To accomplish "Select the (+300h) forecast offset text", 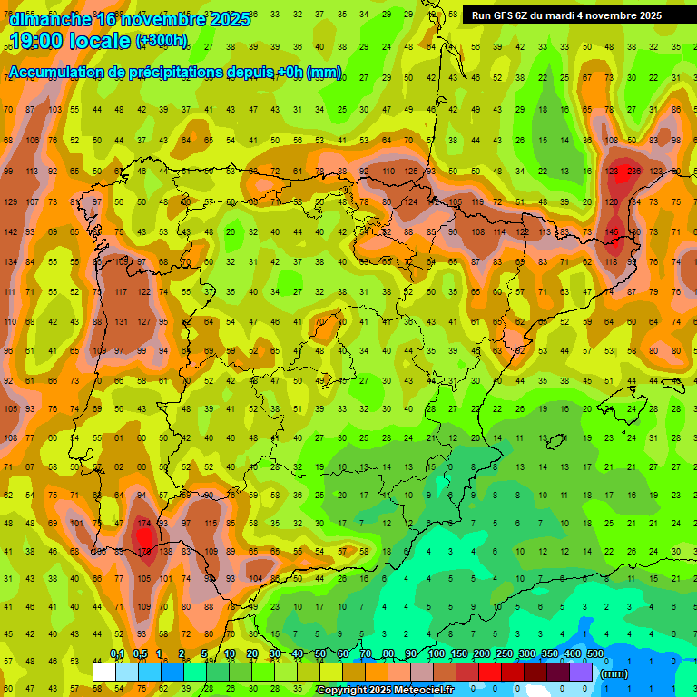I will click(x=162, y=41).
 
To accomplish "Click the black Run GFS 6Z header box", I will click(x=566, y=15).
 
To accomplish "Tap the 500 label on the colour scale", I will click(x=594, y=654).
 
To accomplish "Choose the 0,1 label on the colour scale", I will click(x=117, y=654).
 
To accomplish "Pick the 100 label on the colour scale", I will click(x=436, y=654).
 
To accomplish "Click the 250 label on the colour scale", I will click(x=504, y=654).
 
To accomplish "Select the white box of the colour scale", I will click(x=104, y=672).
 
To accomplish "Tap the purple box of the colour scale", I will click(x=581, y=672).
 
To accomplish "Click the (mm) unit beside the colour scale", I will click(x=614, y=674).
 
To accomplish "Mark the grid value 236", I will click(x=633, y=172).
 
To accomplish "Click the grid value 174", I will click(x=144, y=524).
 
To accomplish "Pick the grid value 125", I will click(x=410, y=172).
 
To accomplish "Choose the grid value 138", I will click(x=165, y=552).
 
